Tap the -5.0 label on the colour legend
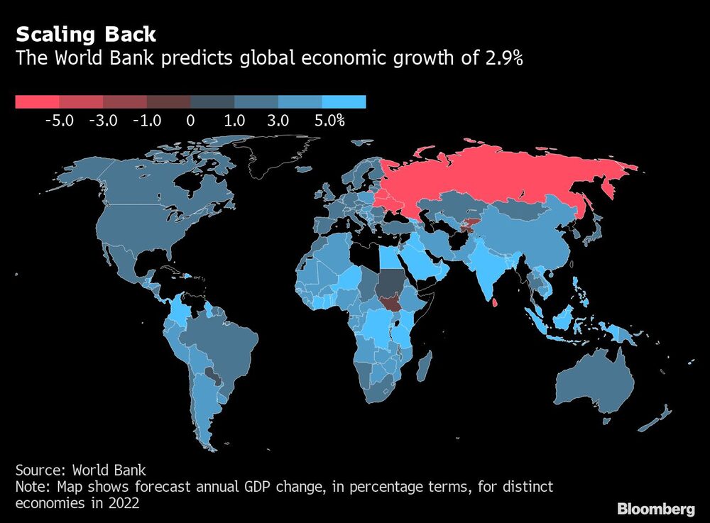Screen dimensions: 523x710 pos(59,121)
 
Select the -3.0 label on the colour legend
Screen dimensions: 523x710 pos(103,121)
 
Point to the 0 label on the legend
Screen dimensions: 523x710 pos(190,121)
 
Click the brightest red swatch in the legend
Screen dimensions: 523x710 pos(37,102)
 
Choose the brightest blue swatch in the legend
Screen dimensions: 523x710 pos(344,102)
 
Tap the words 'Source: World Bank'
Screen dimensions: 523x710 pos(80,470)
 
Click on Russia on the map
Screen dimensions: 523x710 pos(497,177)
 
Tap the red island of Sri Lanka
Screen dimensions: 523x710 pos(493,303)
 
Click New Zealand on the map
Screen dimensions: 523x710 pos(657,419)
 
